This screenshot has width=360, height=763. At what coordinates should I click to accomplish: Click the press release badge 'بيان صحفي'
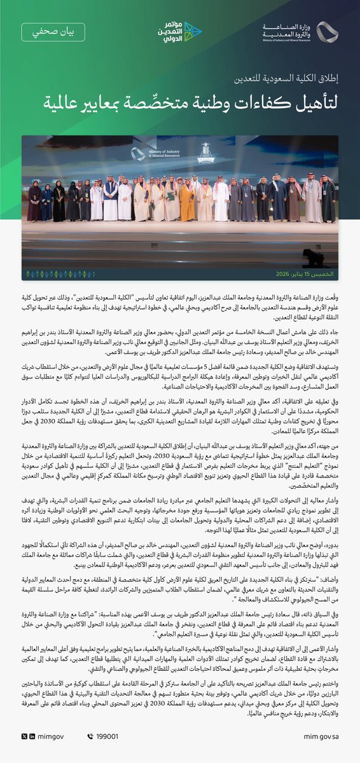(x=53, y=32)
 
